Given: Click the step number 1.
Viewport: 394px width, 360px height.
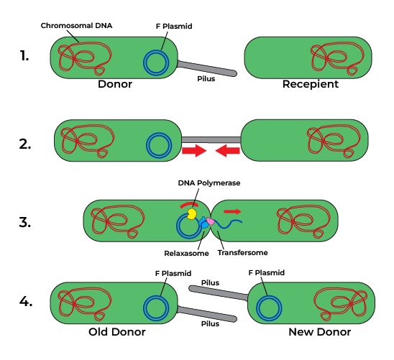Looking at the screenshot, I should [x=24, y=56].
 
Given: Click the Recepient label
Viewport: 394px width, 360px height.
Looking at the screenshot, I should [x=310, y=84].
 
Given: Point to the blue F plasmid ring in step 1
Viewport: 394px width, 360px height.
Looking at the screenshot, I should [x=155, y=63].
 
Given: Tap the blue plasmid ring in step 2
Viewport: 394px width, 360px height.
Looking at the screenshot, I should [x=159, y=145].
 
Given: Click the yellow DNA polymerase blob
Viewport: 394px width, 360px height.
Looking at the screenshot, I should [x=193, y=213].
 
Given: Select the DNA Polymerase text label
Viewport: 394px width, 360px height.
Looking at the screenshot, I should [x=209, y=183].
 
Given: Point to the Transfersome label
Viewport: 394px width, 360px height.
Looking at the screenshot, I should [x=240, y=253].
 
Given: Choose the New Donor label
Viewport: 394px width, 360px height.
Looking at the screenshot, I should [x=319, y=332].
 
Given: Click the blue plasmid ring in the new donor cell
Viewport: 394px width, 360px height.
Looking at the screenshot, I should [x=269, y=309].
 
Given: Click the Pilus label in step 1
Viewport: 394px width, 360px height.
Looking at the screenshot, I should [x=206, y=79].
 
